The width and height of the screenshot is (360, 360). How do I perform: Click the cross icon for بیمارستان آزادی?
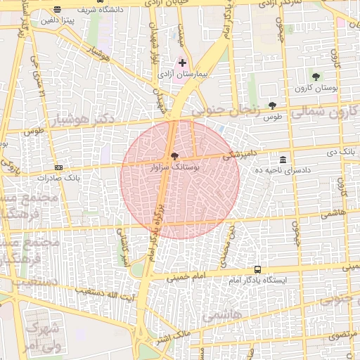[182, 63]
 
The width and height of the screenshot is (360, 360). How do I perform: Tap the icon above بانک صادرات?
[58, 167]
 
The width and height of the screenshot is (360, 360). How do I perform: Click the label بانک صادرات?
[49, 178]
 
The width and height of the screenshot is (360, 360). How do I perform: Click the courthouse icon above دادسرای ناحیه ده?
[283, 160]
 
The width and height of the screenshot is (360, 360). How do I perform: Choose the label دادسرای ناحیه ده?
[282, 170]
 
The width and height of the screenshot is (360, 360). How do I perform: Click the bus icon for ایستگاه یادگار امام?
[257, 269]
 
